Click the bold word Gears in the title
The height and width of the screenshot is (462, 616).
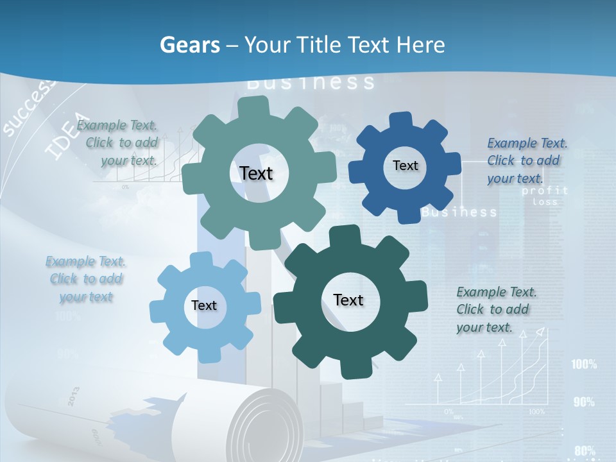(189, 45)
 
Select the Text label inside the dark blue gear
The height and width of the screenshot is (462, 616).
(405, 166)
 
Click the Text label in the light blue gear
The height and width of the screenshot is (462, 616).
(204, 305)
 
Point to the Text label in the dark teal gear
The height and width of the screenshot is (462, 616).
(348, 300)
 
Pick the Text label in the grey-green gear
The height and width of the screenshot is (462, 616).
(256, 173)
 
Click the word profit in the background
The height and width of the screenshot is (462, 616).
(545, 191)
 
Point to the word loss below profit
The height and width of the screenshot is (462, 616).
(545, 201)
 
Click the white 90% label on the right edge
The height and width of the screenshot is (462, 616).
(584, 402)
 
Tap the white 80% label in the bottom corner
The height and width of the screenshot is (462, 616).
(585, 450)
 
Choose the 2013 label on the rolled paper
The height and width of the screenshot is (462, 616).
(73, 397)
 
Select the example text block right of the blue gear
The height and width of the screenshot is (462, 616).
(527, 160)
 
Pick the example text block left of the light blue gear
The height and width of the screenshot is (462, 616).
(86, 279)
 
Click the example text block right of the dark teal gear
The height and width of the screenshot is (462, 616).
(497, 309)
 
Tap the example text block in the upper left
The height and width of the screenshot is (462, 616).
(117, 143)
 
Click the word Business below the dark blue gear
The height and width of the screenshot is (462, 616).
(459, 212)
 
